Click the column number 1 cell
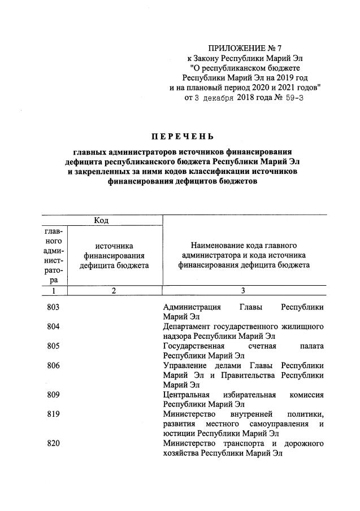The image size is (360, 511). pos(54,290)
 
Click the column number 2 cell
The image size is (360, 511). pos(114,290)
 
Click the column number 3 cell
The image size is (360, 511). pos(243,290)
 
